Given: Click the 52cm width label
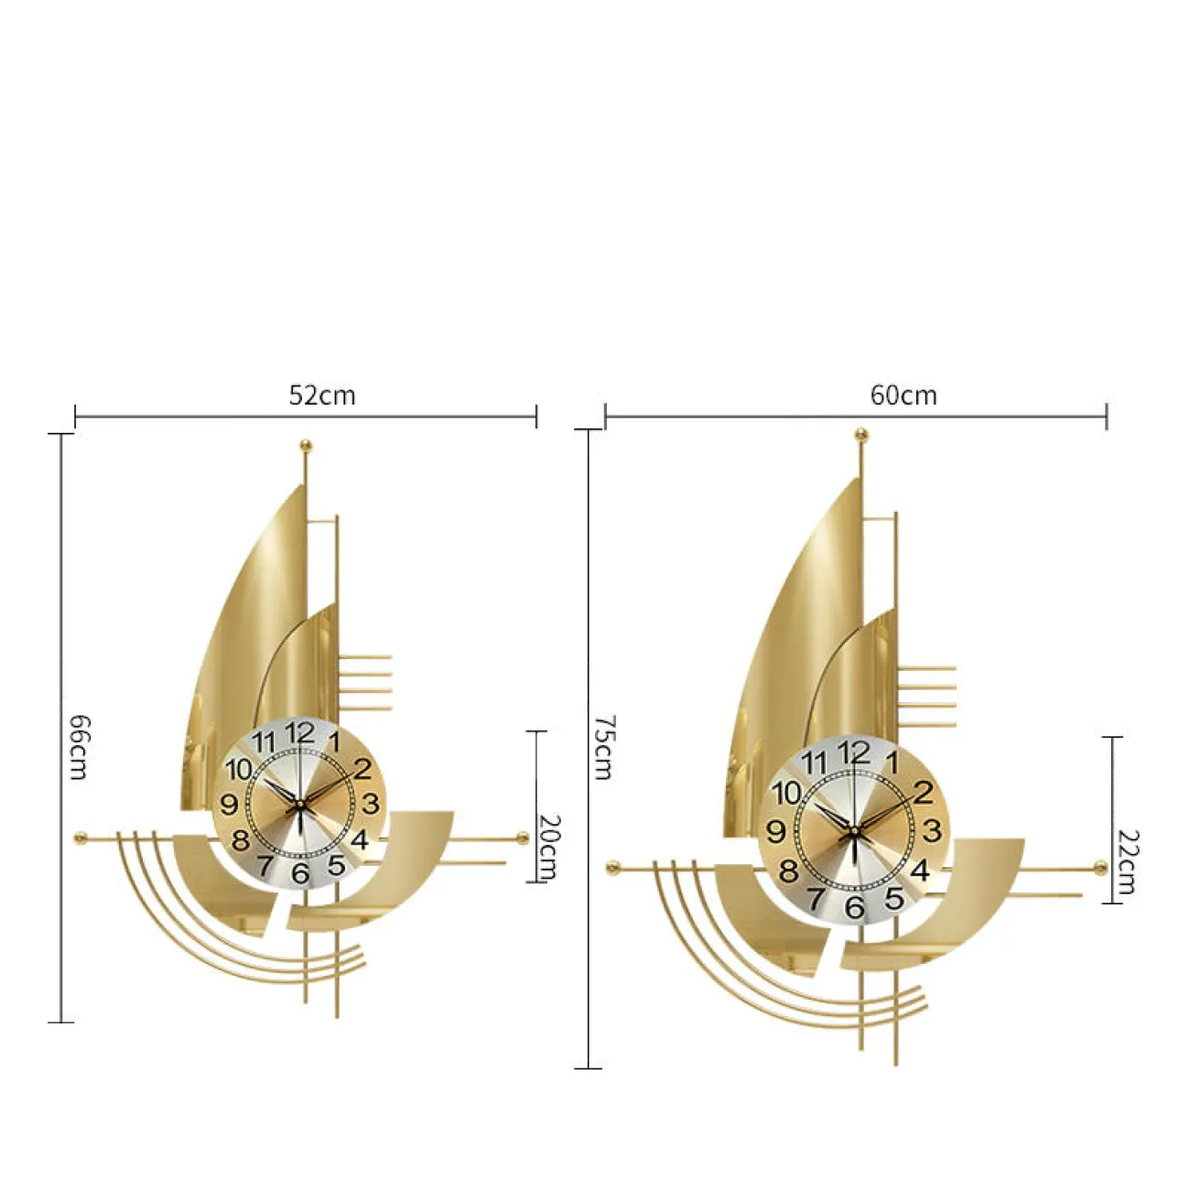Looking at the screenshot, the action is coord(321,395).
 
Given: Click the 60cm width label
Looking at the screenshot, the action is coord(903,395).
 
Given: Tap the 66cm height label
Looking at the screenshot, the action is coord(80,747).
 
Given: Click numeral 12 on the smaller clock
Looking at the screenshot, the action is coord(300,732).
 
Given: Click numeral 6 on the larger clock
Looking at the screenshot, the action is coord(855,907).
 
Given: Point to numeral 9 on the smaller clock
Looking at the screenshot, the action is coord(229,805).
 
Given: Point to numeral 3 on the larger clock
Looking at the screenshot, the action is coord(931,831).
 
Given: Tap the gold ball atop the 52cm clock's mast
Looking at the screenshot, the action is coord(305,445).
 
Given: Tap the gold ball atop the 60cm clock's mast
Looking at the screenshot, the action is coord(860,436).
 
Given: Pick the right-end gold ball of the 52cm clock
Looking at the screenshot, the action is coord(523,838).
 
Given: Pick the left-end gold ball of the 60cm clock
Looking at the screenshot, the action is coord(612,868).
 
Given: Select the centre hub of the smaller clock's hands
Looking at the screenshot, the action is coord(299,804).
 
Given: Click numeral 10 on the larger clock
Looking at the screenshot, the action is coord(786,794).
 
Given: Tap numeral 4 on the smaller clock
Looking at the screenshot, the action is coord(360,839).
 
